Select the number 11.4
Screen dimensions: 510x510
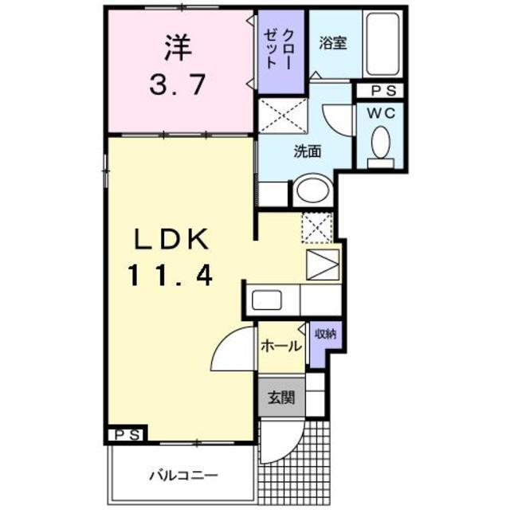[171, 277]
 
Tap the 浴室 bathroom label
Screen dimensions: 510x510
[333, 43]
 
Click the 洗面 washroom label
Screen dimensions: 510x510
[308, 151]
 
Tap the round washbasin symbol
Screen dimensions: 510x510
[311, 191]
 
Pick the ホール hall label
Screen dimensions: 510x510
[281, 346]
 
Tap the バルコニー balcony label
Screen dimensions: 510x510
[182, 476]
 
